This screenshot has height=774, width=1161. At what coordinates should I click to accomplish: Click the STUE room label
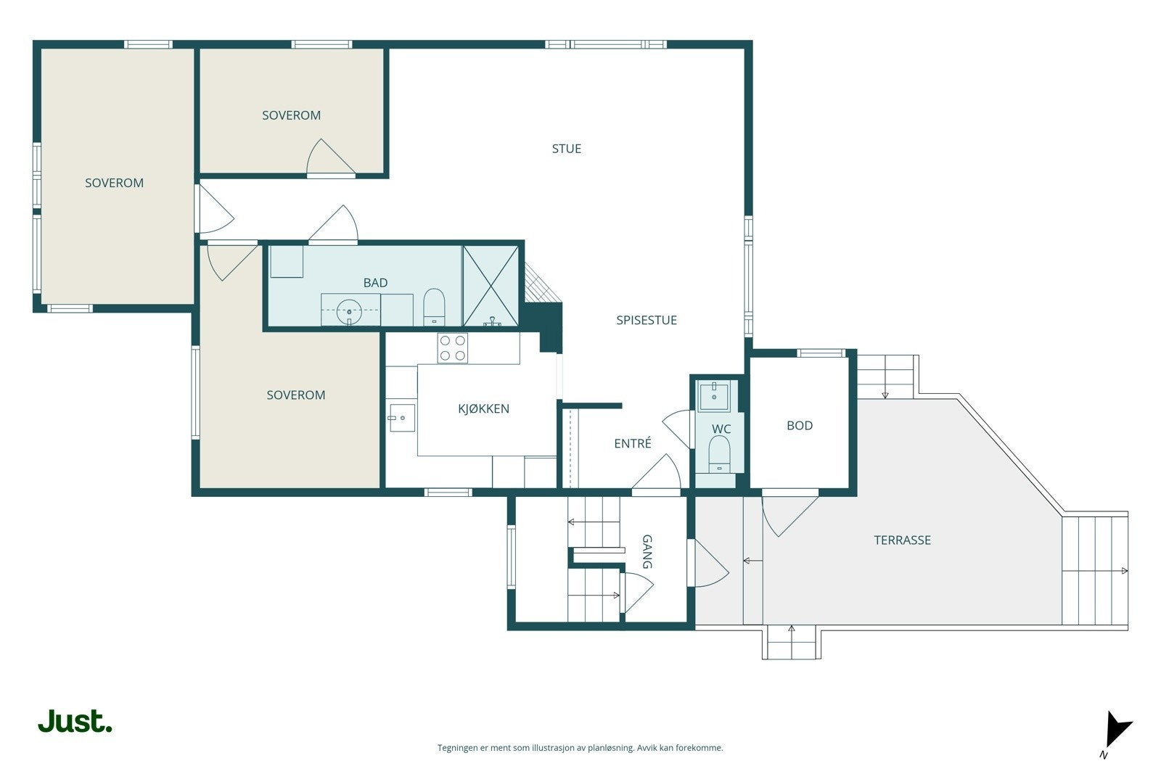point(566,149)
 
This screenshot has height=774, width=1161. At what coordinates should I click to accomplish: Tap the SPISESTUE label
point(647,320)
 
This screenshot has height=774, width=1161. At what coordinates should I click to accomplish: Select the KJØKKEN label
point(483,408)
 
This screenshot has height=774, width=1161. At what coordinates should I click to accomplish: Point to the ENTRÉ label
point(632,443)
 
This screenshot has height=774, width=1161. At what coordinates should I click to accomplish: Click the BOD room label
point(799,426)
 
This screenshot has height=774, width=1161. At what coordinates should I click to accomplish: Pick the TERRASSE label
point(902,540)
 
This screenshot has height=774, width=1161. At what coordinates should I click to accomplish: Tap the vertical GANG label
point(647,552)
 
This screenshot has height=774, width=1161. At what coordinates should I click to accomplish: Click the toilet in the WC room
point(719,454)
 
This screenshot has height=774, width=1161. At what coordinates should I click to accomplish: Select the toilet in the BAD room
point(434,307)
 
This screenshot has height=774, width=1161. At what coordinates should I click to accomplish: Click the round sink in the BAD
point(349,311)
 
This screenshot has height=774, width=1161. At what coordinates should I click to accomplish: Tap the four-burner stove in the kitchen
point(453,347)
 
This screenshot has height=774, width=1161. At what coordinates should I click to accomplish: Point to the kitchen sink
point(402,418)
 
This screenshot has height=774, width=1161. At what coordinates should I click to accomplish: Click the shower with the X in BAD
point(491,286)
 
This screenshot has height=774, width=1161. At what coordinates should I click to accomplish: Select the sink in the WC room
point(714,396)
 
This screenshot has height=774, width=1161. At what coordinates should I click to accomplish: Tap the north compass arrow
point(1117,731)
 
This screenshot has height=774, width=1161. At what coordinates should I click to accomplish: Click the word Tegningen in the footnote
point(458,748)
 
